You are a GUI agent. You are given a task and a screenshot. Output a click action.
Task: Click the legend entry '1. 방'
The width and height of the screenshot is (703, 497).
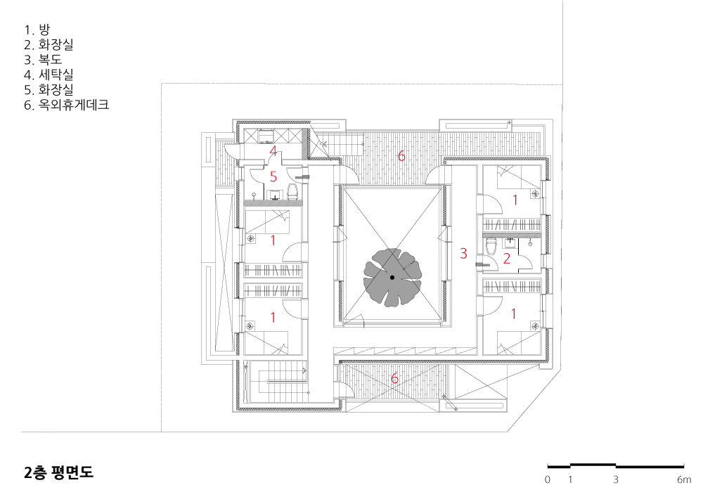(37, 30)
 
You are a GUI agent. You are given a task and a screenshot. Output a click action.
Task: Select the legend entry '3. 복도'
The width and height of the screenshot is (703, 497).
(43, 60)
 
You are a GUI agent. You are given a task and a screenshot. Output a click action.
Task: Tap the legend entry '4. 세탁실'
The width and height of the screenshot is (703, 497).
(49, 75)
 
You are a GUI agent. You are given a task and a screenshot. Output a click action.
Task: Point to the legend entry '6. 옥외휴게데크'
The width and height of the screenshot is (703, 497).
(66, 105)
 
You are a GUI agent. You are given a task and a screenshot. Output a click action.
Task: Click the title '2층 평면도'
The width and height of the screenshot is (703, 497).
(59, 472)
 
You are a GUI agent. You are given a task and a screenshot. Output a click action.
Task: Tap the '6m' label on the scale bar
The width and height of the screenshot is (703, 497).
(684, 479)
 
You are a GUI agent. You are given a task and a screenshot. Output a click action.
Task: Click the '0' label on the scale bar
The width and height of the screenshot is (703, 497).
(548, 479)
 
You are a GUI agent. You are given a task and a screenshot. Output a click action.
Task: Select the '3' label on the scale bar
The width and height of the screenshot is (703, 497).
(616, 479)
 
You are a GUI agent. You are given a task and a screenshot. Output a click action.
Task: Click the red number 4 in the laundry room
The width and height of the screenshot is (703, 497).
(273, 150)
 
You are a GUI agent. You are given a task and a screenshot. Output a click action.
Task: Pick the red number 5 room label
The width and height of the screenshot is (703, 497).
(273, 176)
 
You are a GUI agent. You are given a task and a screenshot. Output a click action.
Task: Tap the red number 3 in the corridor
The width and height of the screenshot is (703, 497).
(463, 253)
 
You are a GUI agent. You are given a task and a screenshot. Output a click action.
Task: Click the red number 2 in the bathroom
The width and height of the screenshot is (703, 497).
(507, 258)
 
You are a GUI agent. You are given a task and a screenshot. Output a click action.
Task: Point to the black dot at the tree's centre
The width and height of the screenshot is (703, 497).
(392, 278)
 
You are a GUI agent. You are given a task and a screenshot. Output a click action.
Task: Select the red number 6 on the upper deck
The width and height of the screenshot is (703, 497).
(401, 155)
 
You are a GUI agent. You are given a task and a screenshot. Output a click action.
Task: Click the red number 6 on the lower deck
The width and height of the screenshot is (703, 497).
(394, 378)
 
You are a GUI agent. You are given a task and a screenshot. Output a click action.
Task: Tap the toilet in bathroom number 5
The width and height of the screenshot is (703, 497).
(292, 192)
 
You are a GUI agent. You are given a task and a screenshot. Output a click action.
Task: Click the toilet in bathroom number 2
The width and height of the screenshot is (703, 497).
(491, 245)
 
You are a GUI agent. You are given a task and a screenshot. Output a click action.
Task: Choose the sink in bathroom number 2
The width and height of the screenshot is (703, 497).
(510, 243)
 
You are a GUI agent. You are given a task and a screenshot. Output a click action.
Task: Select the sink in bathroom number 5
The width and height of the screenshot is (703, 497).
(273, 195)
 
